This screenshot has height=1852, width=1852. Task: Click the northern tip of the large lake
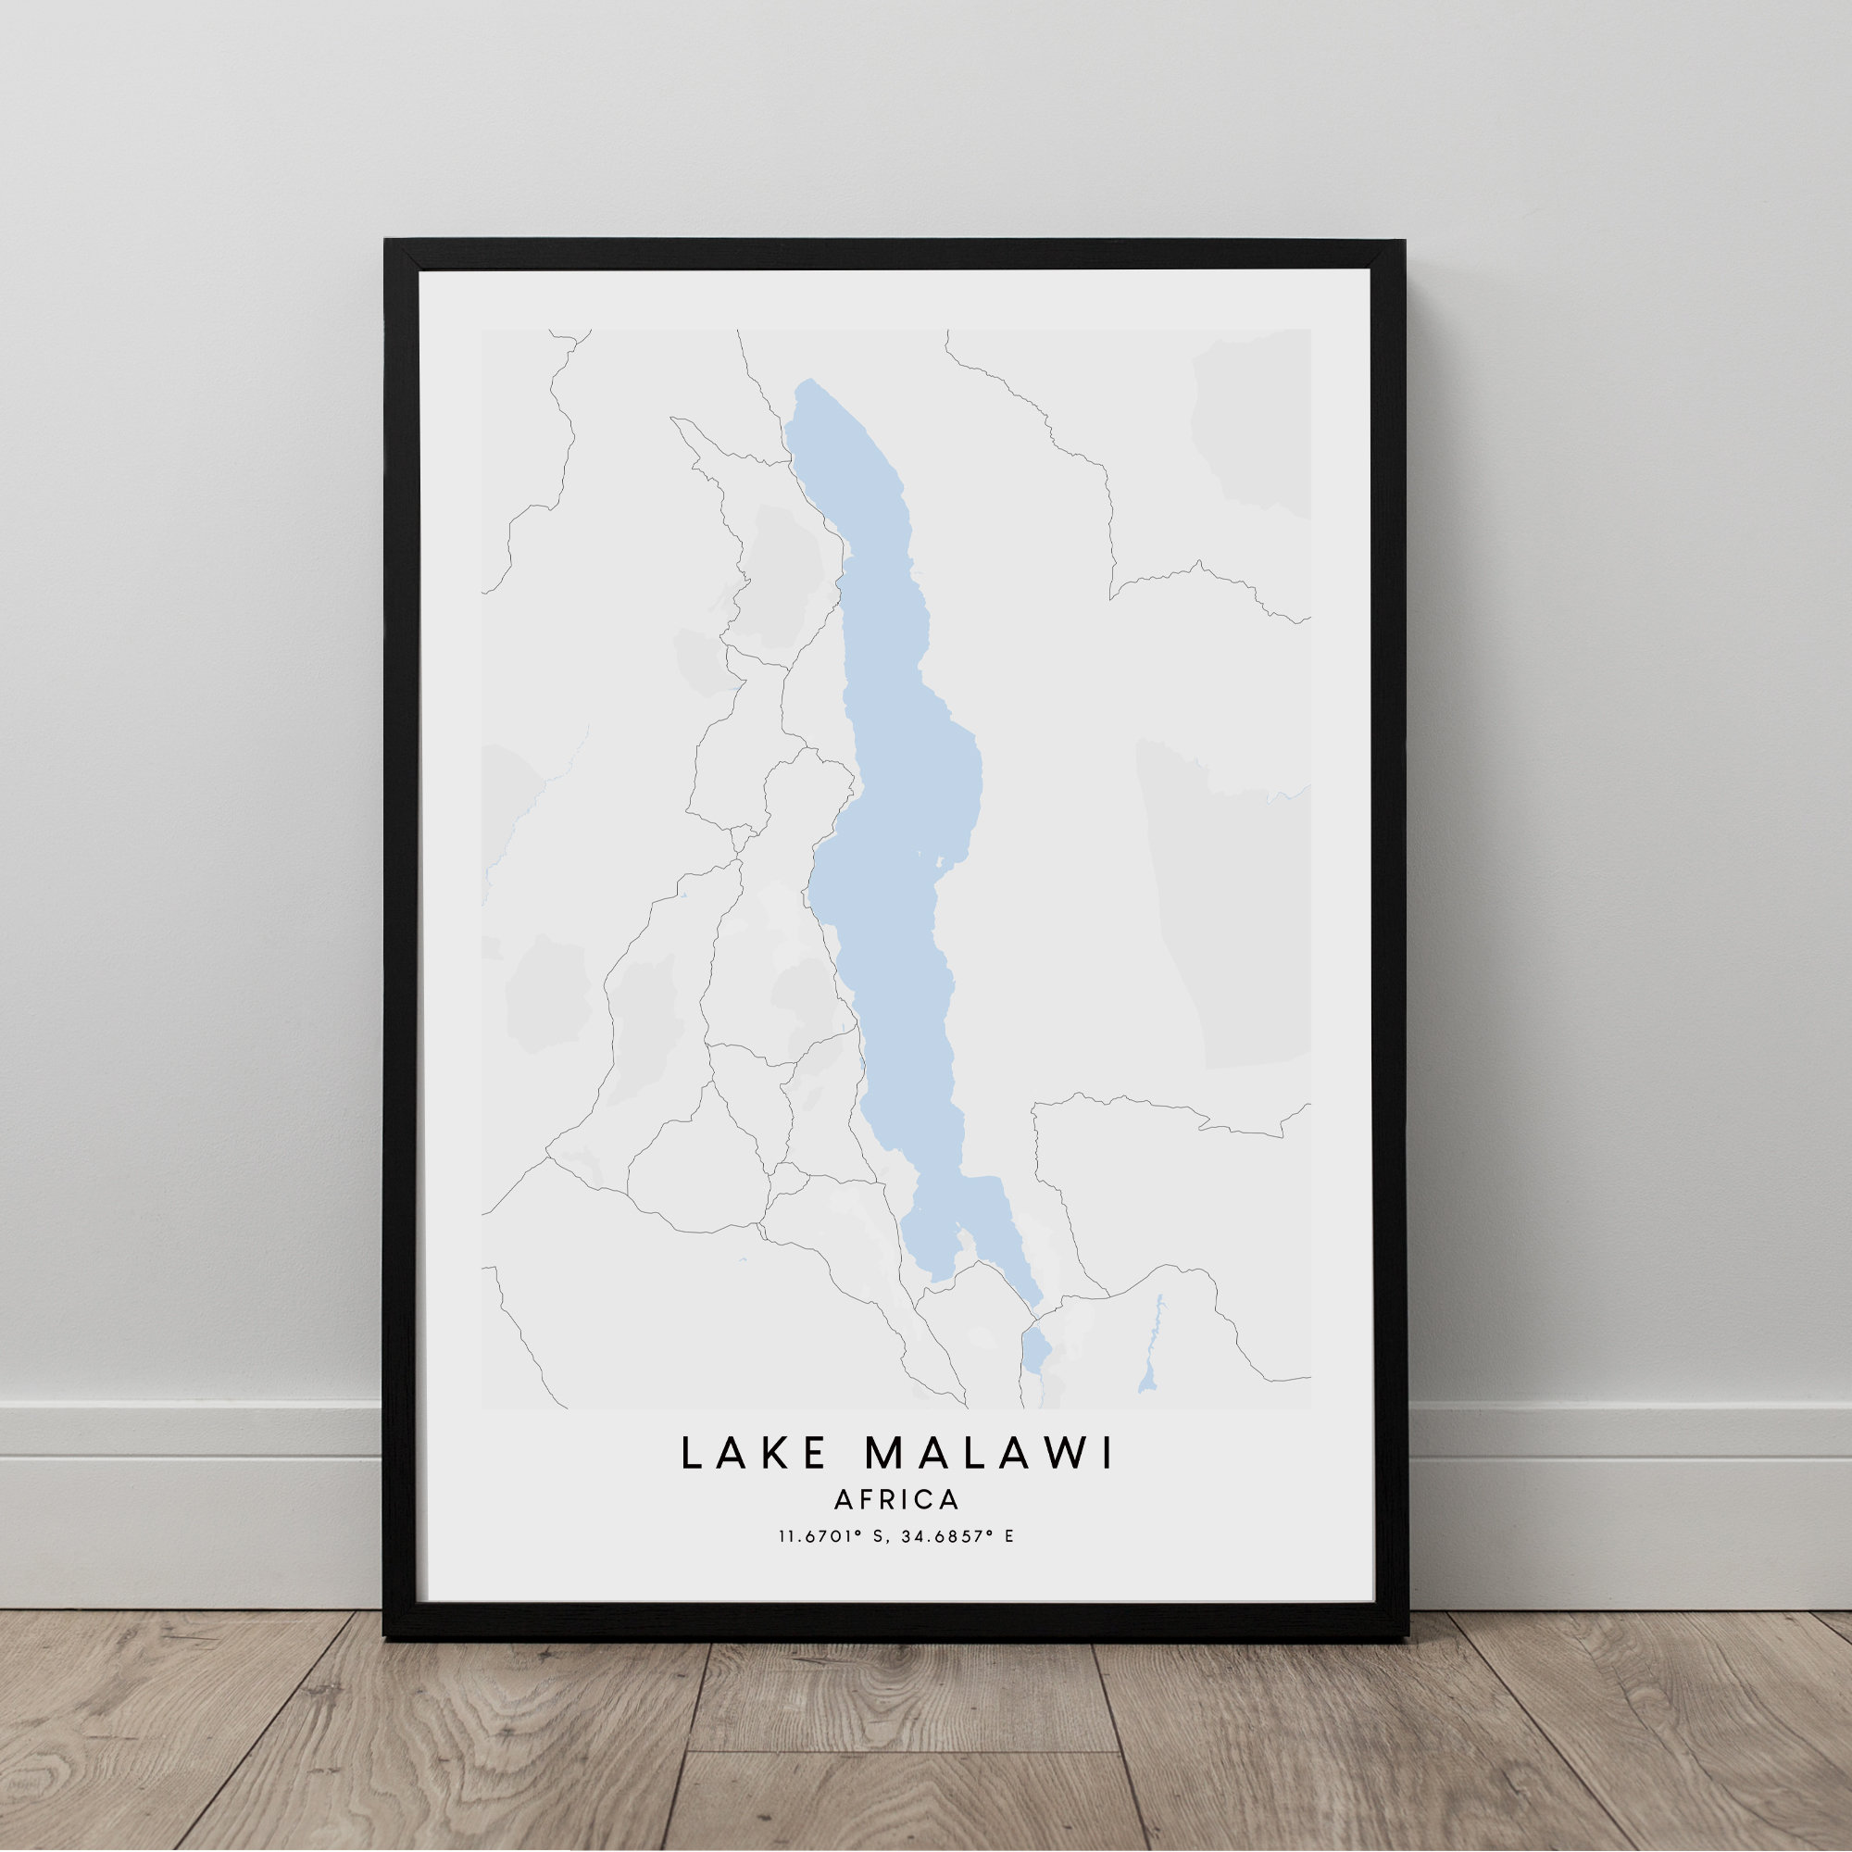[x=809, y=382]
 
